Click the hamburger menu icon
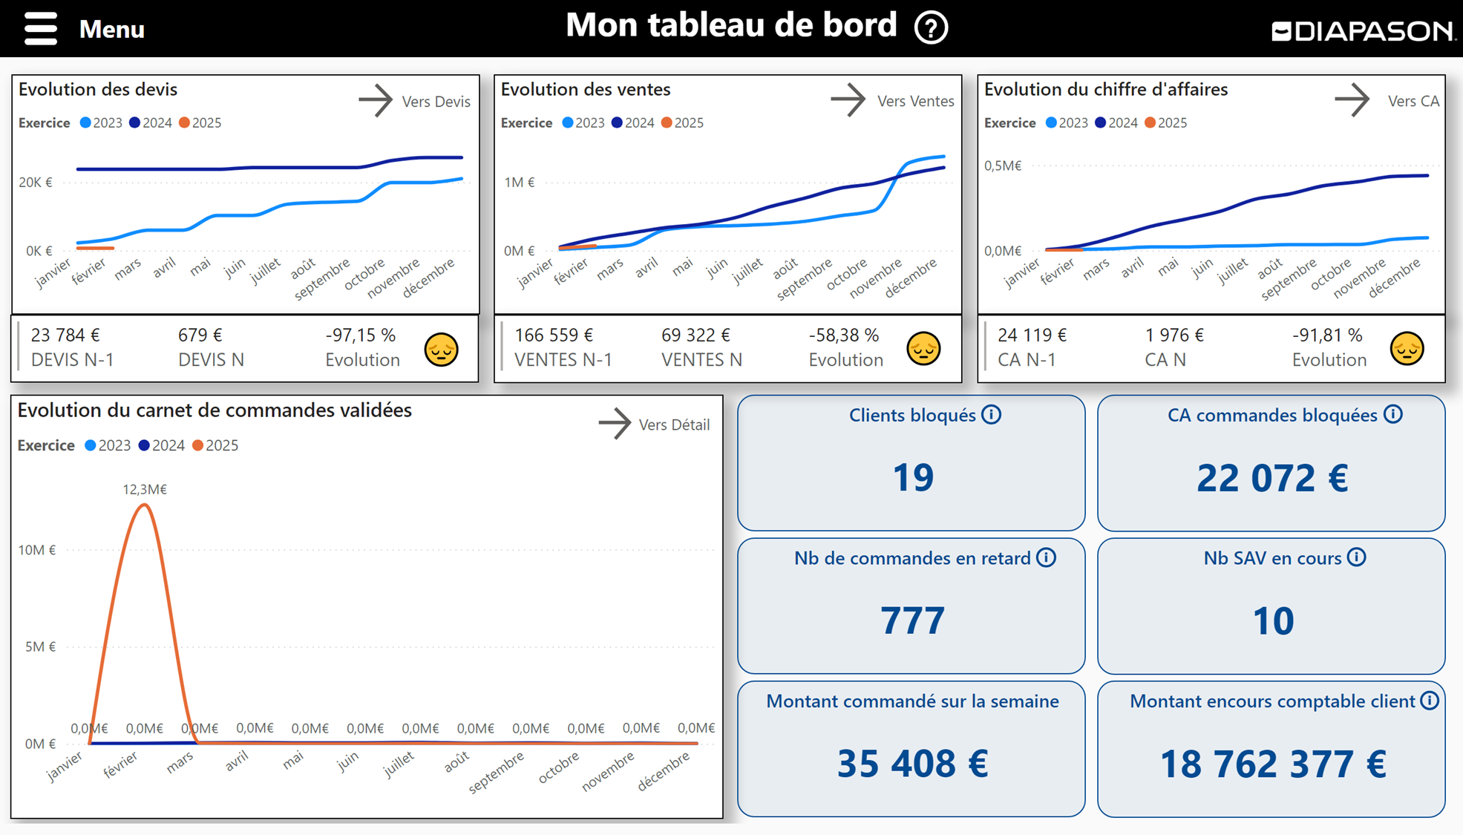(41, 29)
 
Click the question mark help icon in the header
(931, 28)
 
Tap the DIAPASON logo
(1363, 31)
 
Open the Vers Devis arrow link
(376, 100)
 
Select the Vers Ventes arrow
(848, 100)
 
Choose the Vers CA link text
(1413, 101)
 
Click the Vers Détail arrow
(615, 424)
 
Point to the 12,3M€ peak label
(145, 489)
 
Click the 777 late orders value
(912, 620)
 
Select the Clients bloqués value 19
(912, 477)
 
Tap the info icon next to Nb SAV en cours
(1357, 557)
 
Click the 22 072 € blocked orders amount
(1271, 478)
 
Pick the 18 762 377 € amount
(1272, 764)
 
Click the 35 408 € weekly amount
(912, 764)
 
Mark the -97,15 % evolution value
(360, 335)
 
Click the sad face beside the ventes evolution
(923, 349)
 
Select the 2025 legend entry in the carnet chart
(215, 445)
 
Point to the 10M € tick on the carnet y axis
(37, 550)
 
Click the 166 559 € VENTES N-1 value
(554, 335)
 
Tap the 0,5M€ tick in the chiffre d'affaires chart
(1003, 166)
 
